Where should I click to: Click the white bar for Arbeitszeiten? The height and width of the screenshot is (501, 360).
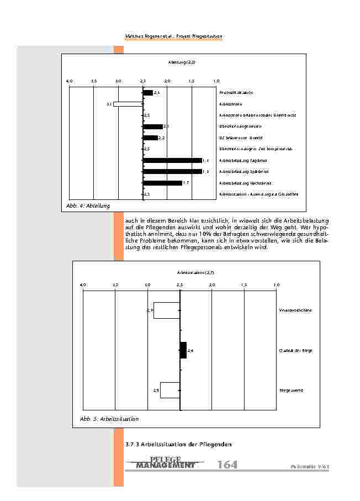pyautogui.click(x=128, y=104)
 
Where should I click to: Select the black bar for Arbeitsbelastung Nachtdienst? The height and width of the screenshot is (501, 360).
pyautogui.click(x=162, y=183)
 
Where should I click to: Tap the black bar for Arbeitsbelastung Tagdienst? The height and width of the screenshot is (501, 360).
pyautogui.click(x=172, y=160)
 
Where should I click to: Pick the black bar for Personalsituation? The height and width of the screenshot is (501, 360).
pyautogui.click(x=148, y=93)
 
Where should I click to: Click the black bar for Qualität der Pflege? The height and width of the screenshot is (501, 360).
pyautogui.click(x=184, y=350)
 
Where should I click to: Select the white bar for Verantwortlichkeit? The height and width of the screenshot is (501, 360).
pyautogui.click(x=167, y=310)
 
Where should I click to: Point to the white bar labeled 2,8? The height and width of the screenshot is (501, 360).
pyautogui.click(x=170, y=390)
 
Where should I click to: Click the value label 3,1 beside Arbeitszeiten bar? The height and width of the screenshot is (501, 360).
pyautogui.click(x=109, y=104)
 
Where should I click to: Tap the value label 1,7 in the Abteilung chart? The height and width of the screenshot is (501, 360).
pyautogui.click(x=186, y=183)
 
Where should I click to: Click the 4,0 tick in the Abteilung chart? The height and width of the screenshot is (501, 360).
pyautogui.click(x=69, y=81)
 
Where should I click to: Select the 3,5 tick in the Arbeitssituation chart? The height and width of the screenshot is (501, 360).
pyautogui.click(x=115, y=284)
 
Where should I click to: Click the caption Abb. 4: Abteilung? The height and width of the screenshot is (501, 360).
pyautogui.click(x=87, y=205)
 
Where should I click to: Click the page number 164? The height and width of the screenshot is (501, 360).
pyautogui.click(x=227, y=465)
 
